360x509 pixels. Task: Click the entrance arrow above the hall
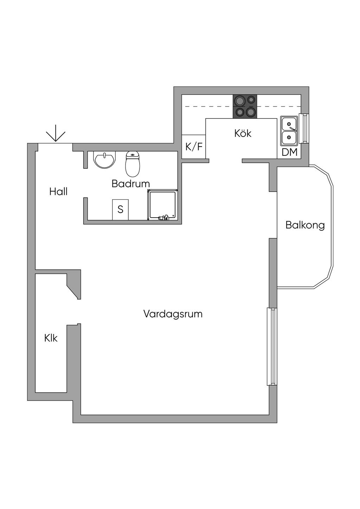pos(56,136)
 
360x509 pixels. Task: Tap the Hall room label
pos(58,192)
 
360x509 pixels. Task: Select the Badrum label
pos(131,183)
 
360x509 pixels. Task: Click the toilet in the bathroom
pos(133,164)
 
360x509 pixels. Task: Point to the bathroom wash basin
pos(104,160)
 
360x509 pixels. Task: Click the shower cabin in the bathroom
pos(162,205)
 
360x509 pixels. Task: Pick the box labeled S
pos(120,210)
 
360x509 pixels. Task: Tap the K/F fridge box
pos(194,147)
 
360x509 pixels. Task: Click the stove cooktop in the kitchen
pos(245,107)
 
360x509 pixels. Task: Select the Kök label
pos(243,133)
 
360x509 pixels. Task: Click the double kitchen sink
pos(289,131)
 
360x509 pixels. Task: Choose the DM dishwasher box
pos(289,152)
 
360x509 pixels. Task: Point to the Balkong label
pos(305,225)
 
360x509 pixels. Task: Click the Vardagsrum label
pos(173,314)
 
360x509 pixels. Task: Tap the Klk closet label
pos(51,339)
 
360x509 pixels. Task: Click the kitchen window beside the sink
pos(304,128)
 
